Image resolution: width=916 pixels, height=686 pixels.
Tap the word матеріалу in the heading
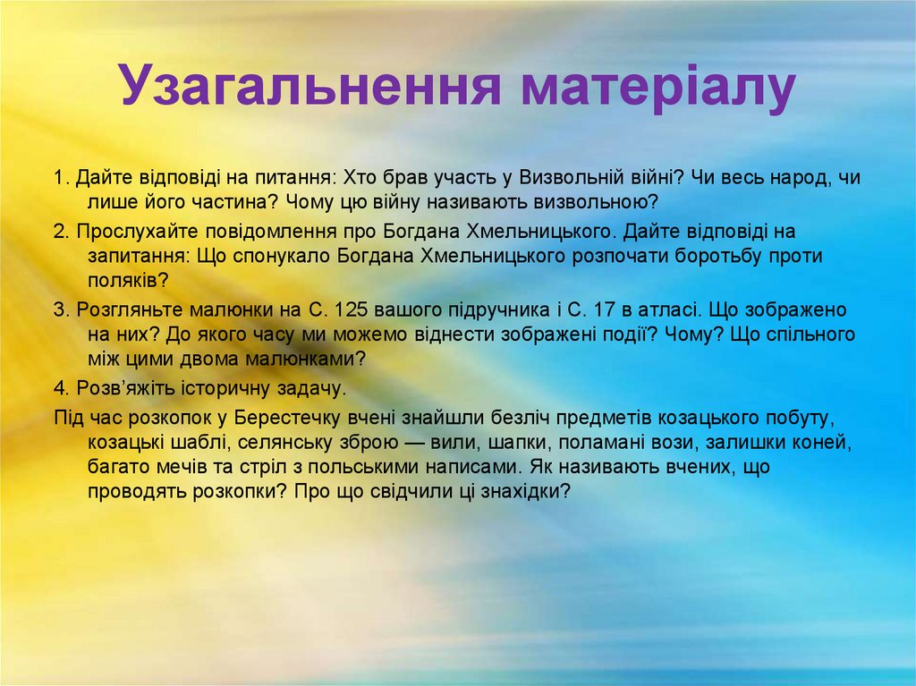click(x=657, y=87)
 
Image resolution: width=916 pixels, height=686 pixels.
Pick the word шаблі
click(x=201, y=443)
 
